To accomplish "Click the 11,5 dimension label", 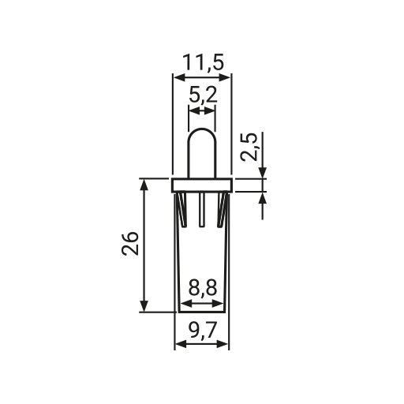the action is coord(203,63).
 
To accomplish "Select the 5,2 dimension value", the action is coord(204,95).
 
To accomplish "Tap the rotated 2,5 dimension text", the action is coord(249,147).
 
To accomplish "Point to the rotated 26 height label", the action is coord(130,244).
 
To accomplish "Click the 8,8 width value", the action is coord(203,288).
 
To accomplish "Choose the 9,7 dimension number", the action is coord(203,328).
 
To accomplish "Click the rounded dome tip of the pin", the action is coord(202,129).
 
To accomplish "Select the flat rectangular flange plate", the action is coord(202,185).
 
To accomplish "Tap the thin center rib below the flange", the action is coord(202,209).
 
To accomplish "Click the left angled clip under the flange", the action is coord(182,210).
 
